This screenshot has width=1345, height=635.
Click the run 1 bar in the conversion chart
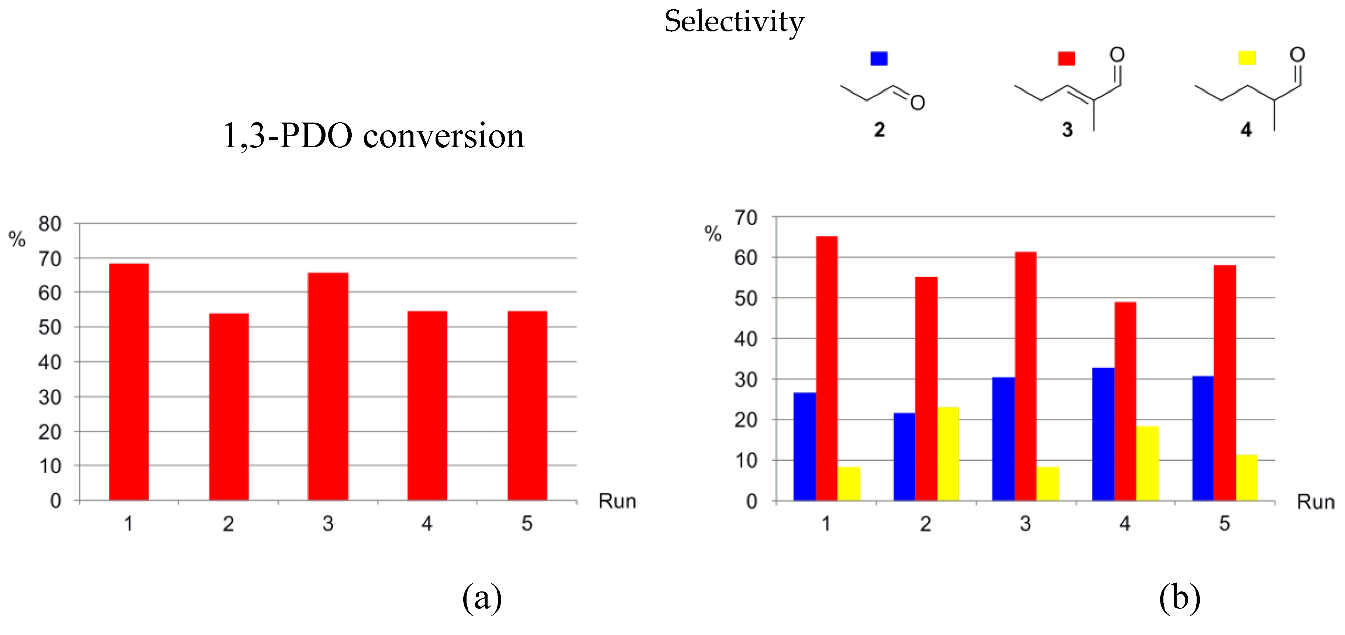(x=128, y=382)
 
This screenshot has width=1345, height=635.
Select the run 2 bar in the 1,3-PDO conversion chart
(x=229, y=407)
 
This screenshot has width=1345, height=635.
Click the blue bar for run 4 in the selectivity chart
(x=1103, y=434)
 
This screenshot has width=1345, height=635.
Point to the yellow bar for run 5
(x=1246, y=477)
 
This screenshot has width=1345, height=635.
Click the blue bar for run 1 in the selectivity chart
(x=805, y=446)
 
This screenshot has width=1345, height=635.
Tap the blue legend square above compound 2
(x=879, y=58)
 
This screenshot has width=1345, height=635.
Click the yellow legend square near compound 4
(x=1247, y=58)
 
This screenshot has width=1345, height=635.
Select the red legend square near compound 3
(x=1066, y=58)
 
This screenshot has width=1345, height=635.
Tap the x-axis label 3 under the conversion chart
(x=327, y=523)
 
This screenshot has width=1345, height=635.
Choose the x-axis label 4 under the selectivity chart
(x=1125, y=523)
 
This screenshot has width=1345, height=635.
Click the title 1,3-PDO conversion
(x=373, y=136)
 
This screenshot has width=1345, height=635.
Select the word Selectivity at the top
(x=734, y=22)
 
